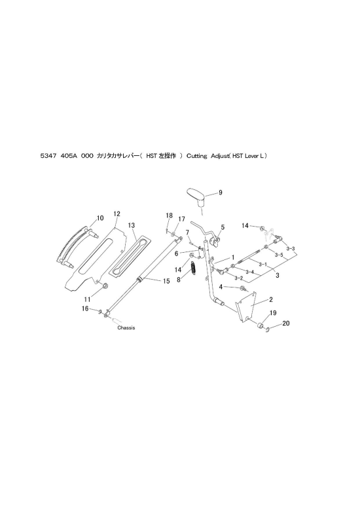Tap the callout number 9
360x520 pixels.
pyautogui.click(x=221, y=193)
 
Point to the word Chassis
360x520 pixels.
pyautogui.click(x=126, y=327)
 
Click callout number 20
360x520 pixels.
pyautogui.click(x=286, y=323)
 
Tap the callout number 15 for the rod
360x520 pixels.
pyautogui.click(x=166, y=281)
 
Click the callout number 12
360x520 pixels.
pyautogui.click(x=117, y=214)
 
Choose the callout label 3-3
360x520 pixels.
pyautogui.click(x=291, y=248)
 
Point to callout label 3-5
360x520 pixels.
pyautogui.click(x=279, y=255)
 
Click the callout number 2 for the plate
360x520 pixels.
pyautogui.click(x=271, y=300)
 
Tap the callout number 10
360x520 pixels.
pyautogui.click(x=99, y=218)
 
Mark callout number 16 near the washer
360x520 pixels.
pyautogui.click(x=85, y=308)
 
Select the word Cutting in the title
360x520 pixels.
pyautogui.click(x=196, y=156)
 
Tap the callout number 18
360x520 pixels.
pyautogui.click(x=169, y=215)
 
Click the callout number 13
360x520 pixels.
pyautogui.click(x=132, y=225)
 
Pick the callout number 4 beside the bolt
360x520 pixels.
pyautogui.click(x=221, y=287)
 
